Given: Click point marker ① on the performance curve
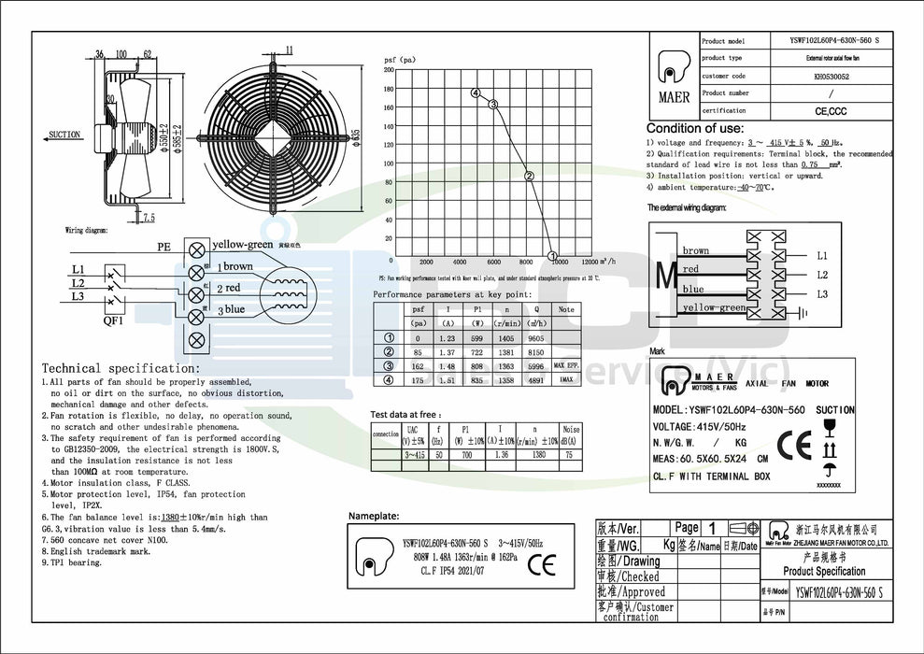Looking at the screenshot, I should (x=552, y=256).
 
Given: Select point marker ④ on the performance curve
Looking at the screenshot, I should (x=476, y=93).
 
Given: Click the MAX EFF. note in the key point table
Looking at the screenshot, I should (x=566, y=365).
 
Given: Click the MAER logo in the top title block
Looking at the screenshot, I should (x=675, y=77).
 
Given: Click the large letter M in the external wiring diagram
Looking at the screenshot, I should (x=665, y=275).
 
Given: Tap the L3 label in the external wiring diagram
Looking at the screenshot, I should (x=822, y=294).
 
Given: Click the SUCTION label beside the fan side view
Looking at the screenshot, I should (x=64, y=135).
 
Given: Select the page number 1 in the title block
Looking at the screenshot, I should (x=713, y=528).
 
